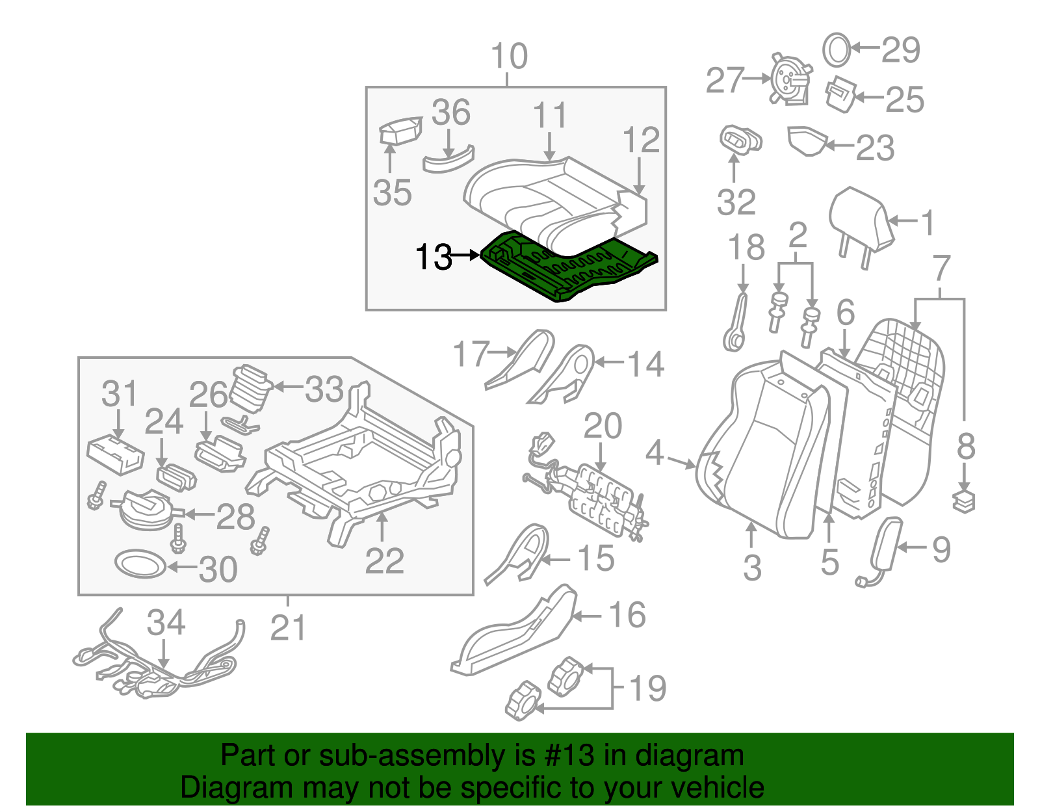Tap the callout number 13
pos(433,257)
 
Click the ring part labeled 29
pos(837,49)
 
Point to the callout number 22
pos(384,560)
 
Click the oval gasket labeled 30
pos(140,564)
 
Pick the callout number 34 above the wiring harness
pos(166,623)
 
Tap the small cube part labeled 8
pos(964,502)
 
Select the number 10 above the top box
pos(509,57)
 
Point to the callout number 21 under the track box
pos(288,628)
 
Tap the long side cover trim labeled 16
pos(513,634)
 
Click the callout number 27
pos(724,80)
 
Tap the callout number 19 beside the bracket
pos(647,688)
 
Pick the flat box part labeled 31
pos(115,454)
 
